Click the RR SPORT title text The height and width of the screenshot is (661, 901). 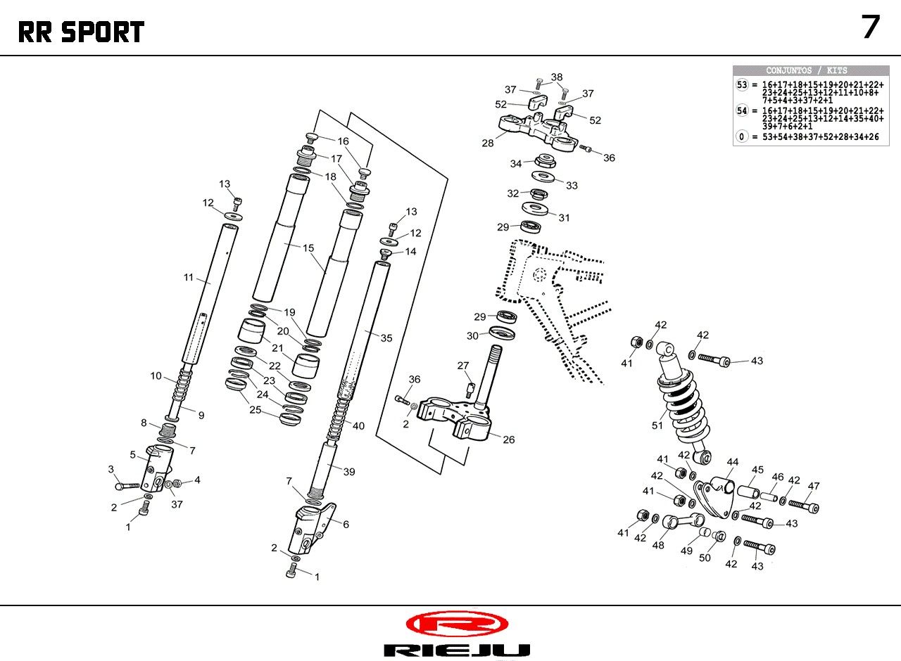click(x=81, y=32)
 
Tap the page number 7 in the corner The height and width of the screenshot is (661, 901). click(x=871, y=27)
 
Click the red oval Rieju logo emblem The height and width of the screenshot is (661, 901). click(x=457, y=623)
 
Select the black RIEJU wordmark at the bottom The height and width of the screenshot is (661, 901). click(x=457, y=650)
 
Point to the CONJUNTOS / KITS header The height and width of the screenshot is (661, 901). click(x=807, y=70)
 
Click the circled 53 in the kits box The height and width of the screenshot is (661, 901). click(x=742, y=84)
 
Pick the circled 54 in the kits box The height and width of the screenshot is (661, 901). click(x=742, y=110)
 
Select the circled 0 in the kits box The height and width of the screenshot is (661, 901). click(x=742, y=136)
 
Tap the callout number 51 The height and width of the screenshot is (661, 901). click(x=657, y=425)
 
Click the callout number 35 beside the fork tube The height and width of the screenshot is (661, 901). click(x=386, y=338)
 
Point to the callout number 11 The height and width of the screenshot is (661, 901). click(x=188, y=277)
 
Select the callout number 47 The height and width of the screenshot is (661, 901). click(x=814, y=486)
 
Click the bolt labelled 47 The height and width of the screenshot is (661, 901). click(x=803, y=504)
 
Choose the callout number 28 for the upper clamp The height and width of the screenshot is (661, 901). click(x=487, y=143)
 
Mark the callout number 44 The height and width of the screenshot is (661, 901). click(x=733, y=462)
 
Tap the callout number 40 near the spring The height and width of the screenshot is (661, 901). click(x=358, y=425)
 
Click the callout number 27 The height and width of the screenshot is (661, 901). click(x=462, y=365)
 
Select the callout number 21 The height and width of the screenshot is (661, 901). click(x=277, y=348)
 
